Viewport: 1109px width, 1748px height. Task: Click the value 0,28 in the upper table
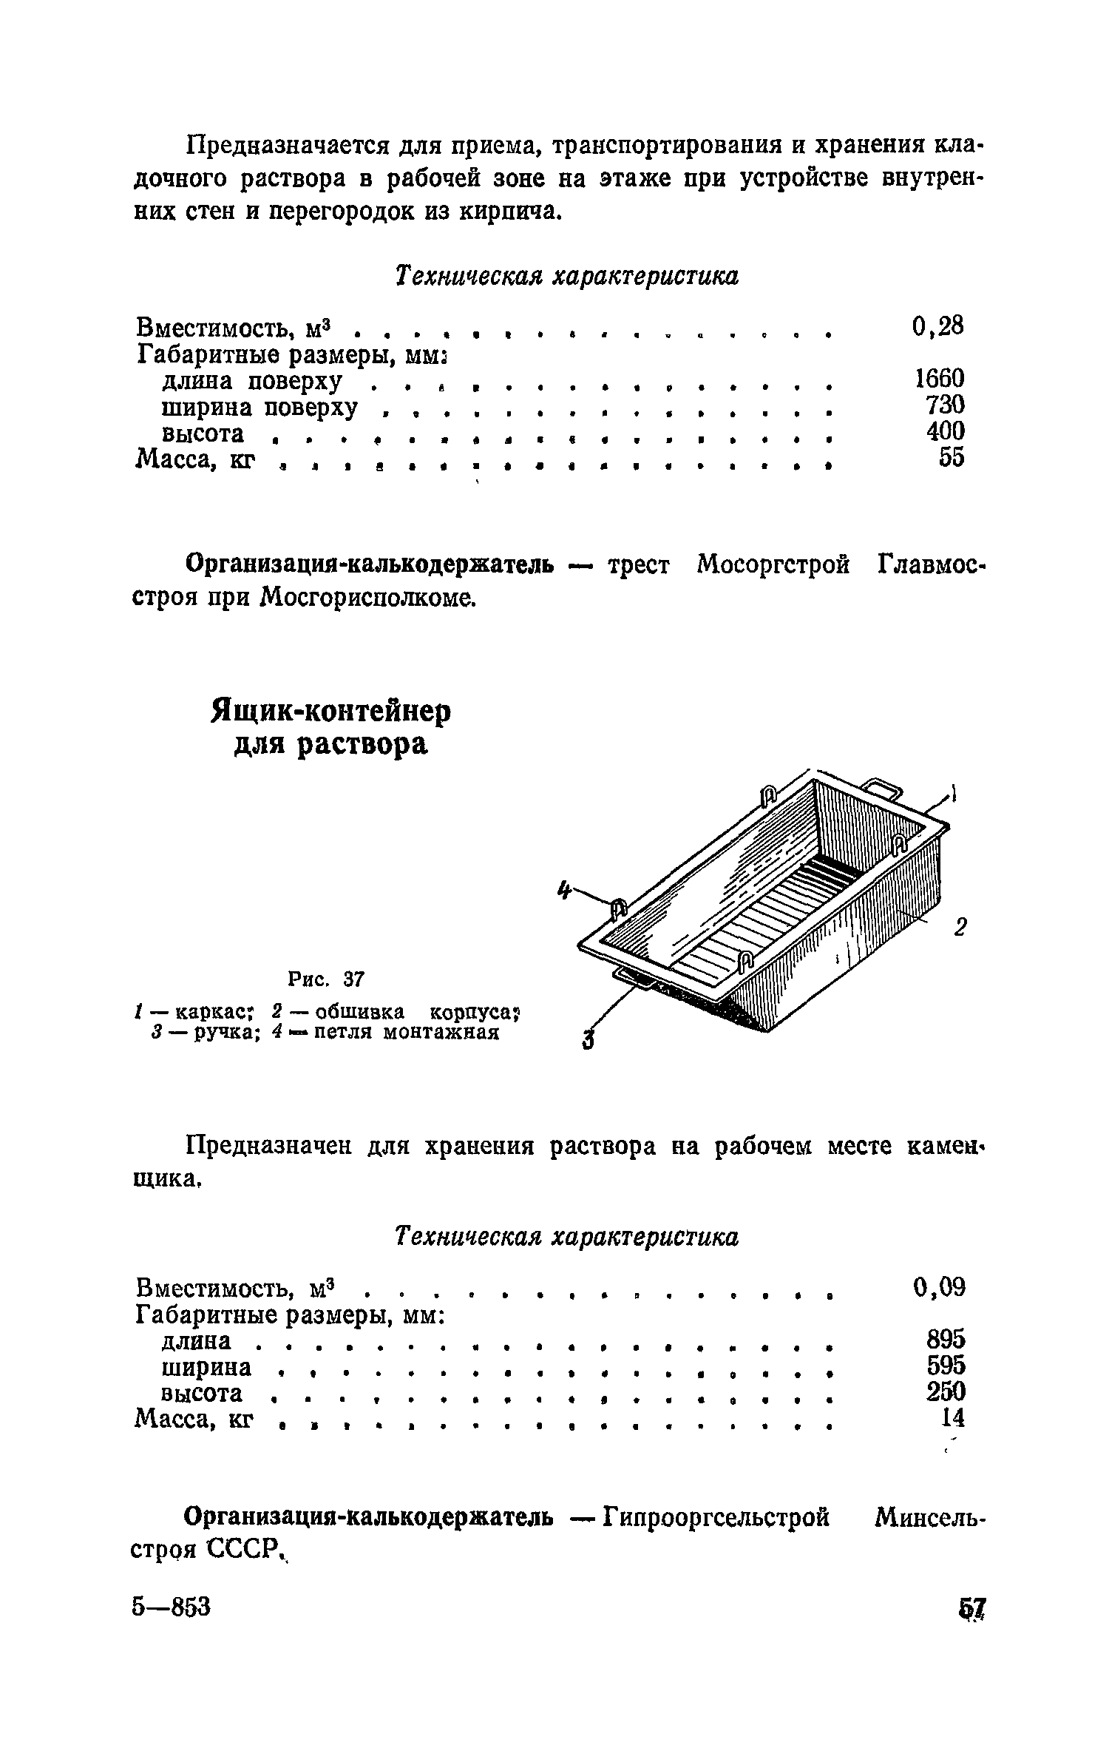[x=938, y=325]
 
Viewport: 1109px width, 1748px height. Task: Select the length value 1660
[x=939, y=379]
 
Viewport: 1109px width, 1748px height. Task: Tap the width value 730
[x=945, y=405]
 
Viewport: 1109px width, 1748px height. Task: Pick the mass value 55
[x=952, y=458]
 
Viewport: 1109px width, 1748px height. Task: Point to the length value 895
[x=946, y=1340]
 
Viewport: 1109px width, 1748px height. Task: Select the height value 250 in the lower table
[x=946, y=1391]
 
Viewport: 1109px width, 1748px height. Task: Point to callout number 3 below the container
[x=589, y=1039]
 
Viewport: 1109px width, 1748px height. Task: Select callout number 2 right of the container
[x=960, y=927]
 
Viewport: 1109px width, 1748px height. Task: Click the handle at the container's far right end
[x=884, y=788]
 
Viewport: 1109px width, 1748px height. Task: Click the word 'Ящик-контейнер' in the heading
[x=330, y=712]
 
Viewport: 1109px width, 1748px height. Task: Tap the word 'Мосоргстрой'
[x=773, y=566]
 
